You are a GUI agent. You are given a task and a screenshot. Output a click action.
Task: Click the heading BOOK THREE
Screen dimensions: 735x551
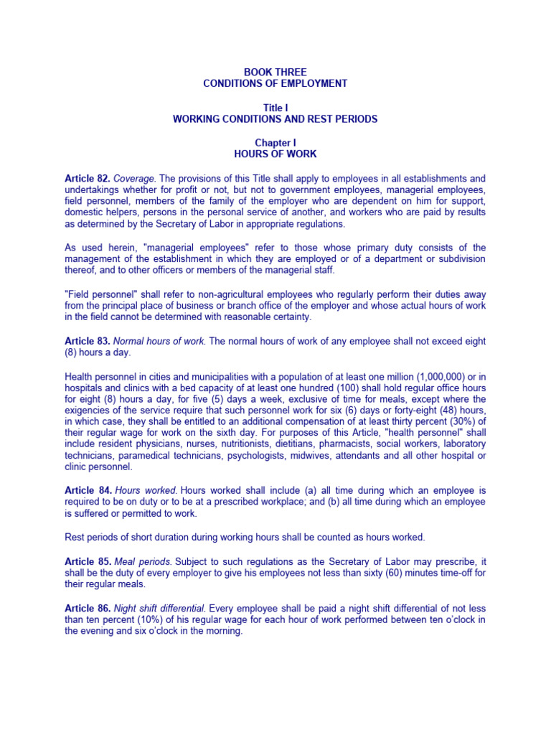click(275, 72)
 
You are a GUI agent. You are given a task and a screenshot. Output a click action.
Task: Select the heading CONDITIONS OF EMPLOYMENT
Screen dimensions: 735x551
click(275, 83)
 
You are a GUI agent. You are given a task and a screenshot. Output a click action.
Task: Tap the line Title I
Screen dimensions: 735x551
click(275, 108)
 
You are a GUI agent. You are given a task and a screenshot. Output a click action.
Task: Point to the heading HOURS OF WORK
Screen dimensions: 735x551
click(275, 154)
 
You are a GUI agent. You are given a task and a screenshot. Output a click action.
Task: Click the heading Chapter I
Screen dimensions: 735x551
click(275, 143)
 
